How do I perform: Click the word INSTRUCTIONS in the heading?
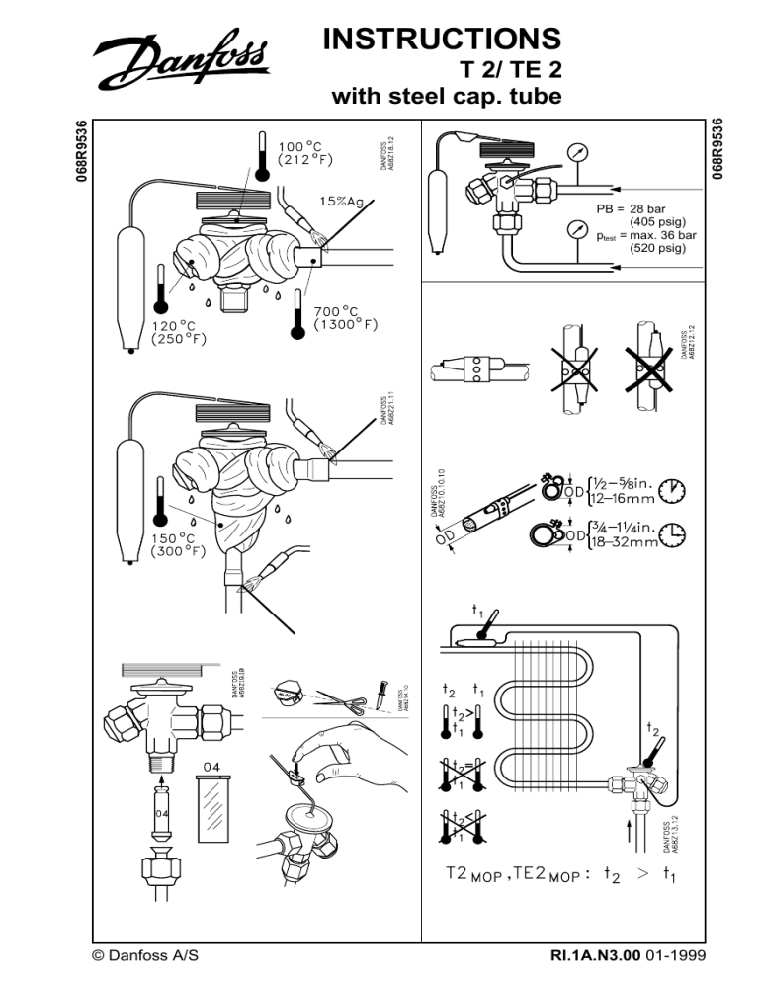click(442, 39)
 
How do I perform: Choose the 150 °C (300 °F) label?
click(179, 544)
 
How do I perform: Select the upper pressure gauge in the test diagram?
click(578, 153)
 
